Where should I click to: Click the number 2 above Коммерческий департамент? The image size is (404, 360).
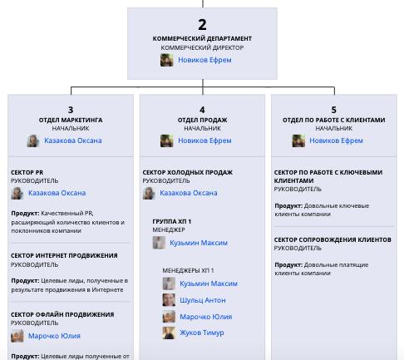click(x=202, y=25)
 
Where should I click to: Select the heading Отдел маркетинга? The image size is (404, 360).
click(x=71, y=120)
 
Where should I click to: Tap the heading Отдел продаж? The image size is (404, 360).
click(x=202, y=120)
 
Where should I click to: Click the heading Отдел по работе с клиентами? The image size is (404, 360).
click(x=334, y=120)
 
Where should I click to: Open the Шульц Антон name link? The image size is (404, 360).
click(x=203, y=300)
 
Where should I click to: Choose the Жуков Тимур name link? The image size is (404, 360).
click(x=202, y=333)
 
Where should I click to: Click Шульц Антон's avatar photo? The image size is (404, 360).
click(x=169, y=300)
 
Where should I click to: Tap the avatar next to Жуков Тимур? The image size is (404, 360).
click(x=169, y=333)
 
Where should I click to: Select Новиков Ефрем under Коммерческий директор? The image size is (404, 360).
click(x=204, y=60)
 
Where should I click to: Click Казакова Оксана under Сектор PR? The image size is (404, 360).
click(x=57, y=193)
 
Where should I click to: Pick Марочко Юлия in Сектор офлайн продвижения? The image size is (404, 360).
click(x=54, y=336)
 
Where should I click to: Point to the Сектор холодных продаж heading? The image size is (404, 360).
click(x=188, y=172)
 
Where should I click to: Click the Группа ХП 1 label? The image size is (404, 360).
click(x=172, y=221)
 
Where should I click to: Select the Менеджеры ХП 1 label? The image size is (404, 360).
click(x=188, y=270)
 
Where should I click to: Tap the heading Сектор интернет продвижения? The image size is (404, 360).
click(x=64, y=255)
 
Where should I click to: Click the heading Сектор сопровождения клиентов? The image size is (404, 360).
click(x=333, y=239)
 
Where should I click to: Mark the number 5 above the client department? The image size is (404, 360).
click(x=334, y=110)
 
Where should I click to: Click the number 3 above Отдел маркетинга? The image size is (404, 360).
click(x=71, y=110)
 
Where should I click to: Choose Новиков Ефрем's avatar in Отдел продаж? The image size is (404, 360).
click(x=167, y=141)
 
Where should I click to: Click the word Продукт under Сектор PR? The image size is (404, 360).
click(x=25, y=214)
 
